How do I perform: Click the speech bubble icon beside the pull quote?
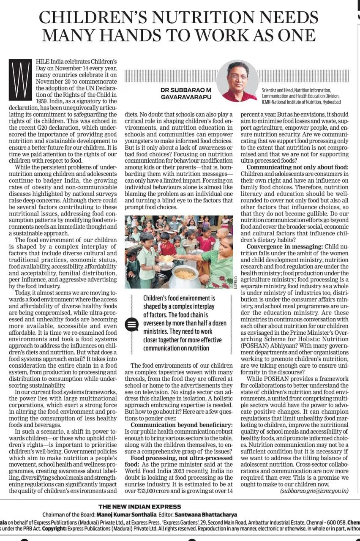point(132,325)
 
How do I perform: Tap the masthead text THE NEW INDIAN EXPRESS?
point(139,506)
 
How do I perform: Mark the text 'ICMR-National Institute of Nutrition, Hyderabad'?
point(301,102)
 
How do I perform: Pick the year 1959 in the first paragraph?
point(43,101)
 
